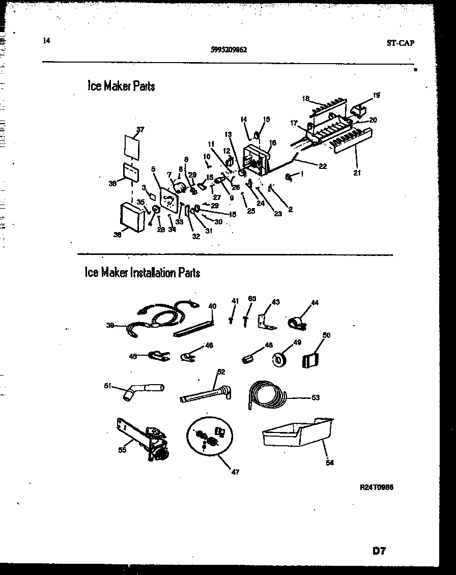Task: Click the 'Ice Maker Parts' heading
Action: (x=121, y=86)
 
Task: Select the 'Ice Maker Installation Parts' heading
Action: (x=142, y=273)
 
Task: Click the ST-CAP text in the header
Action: (x=400, y=43)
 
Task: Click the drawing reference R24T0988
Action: (x=376, y=487)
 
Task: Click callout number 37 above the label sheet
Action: (x=141, y=129)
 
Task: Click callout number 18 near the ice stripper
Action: (x=305, y=98)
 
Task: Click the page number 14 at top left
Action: (x=47, y=41)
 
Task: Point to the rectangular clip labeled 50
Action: (x=310, y=360)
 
